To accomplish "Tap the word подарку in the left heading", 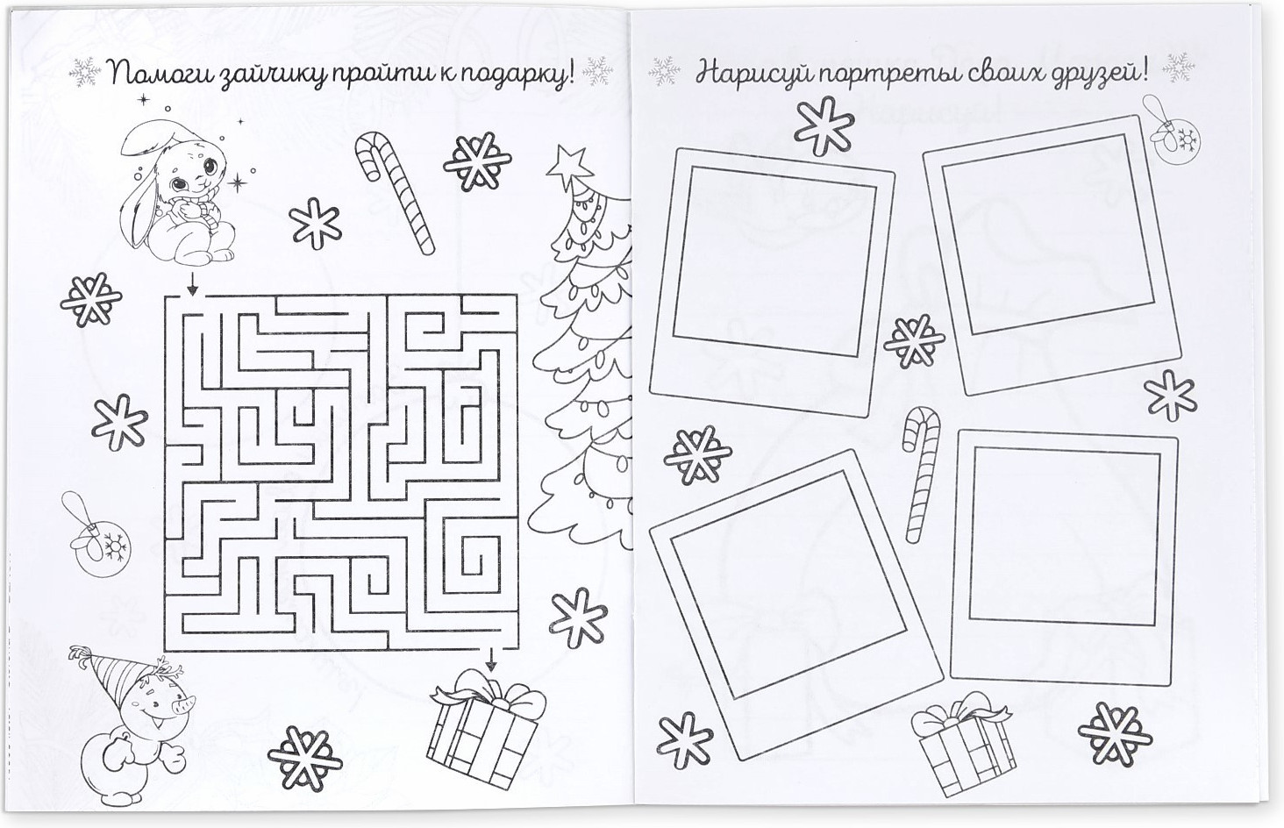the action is [510, 78].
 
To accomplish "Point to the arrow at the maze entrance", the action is [193, 282].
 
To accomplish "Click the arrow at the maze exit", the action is [490, 660].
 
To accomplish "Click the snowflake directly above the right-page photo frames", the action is [824, 126].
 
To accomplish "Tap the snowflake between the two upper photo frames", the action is [914, 342].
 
